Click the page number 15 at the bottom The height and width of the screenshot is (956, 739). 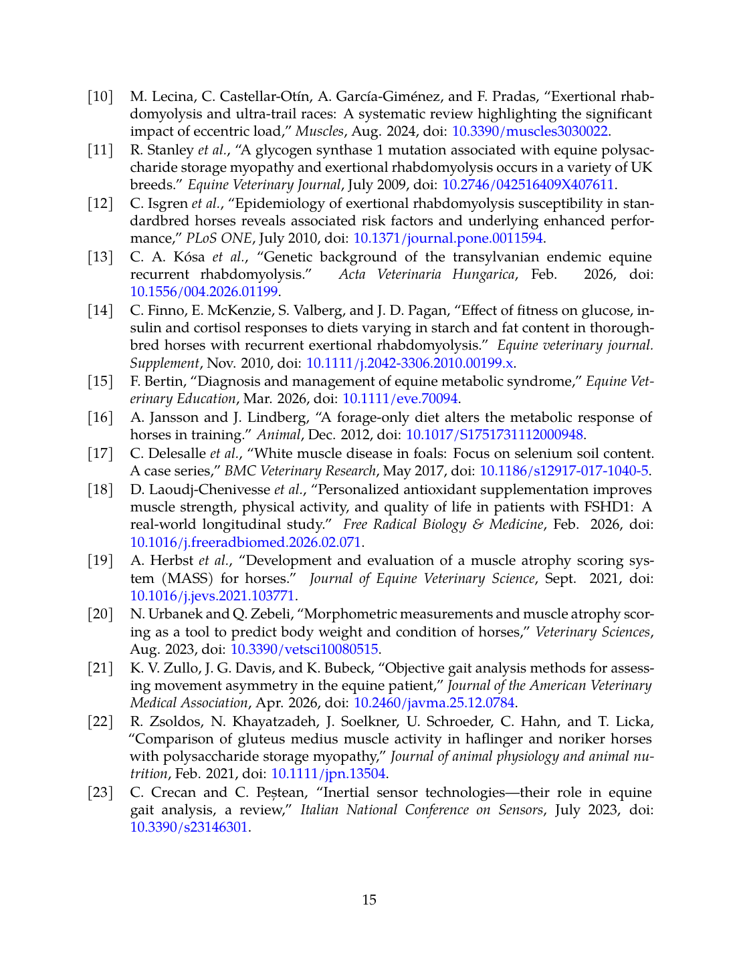pos(369,900)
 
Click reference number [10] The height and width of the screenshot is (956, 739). pos(100,96)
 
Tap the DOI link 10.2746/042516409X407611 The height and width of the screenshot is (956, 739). pos(528,185)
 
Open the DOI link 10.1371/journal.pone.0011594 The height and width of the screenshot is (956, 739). pos(447,238)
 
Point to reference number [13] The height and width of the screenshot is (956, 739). pos(100,257)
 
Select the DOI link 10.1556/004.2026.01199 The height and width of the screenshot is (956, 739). pos(204,291)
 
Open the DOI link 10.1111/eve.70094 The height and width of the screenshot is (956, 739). pos(400,398)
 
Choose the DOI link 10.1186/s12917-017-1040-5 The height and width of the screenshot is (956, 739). pos(564,471)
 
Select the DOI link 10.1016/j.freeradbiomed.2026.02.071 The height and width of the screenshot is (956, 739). pos(245,542)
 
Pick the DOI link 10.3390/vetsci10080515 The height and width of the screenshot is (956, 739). pos(304,649)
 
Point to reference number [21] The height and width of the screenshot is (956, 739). pos(100,667)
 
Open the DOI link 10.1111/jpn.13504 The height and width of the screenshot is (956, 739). pos(328,773)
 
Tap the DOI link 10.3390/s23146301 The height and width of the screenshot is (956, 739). pos(189,827)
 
